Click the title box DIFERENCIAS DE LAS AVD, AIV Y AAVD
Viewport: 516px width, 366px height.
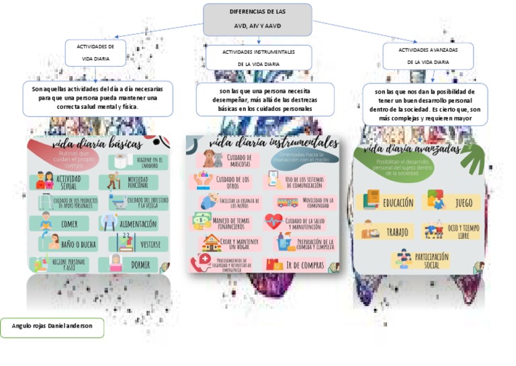click(257, 20)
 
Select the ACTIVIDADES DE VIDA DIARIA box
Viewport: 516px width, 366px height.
click(95, 53)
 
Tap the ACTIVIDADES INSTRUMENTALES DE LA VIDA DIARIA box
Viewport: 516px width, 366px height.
click(258, 58)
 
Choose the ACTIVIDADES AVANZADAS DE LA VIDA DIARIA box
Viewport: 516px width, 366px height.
click(428, 56)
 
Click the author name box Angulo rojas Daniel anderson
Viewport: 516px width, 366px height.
click(52, 328)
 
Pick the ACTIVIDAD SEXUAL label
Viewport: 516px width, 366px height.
click(69, 182)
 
